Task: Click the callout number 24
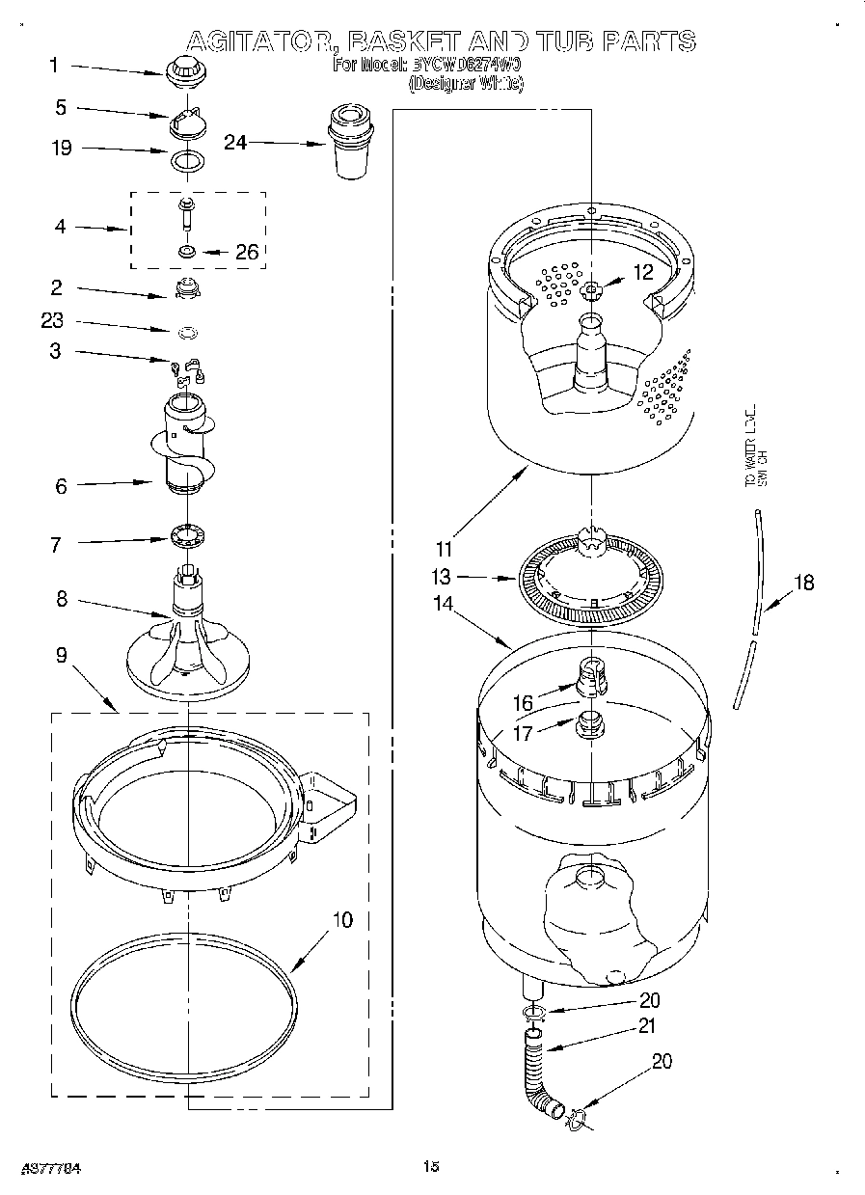(x=235, y=143)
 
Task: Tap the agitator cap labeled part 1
(x=181, y=70)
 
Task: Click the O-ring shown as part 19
(x=187, y=159)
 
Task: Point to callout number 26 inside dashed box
(x=247, y=253)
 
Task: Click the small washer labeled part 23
(x=189, y=333)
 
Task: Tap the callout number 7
(x=56, y=545)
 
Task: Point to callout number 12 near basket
(x=642, y=273)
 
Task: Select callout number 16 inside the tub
(x=522, y=705)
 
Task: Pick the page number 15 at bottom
(x=430, y=1167)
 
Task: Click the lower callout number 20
(x=662, y=1062)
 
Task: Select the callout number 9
(x=61, y=655)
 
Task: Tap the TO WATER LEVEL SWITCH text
(x=755, y=445)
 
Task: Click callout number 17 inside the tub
(x=522, y=732)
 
